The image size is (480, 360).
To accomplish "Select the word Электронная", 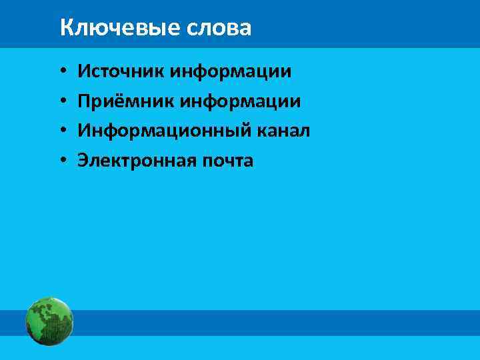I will point(133,161).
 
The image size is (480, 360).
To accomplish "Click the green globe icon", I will point(49,321).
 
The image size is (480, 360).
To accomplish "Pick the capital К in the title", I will point(65,28).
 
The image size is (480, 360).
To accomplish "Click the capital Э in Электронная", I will point(83,161).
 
